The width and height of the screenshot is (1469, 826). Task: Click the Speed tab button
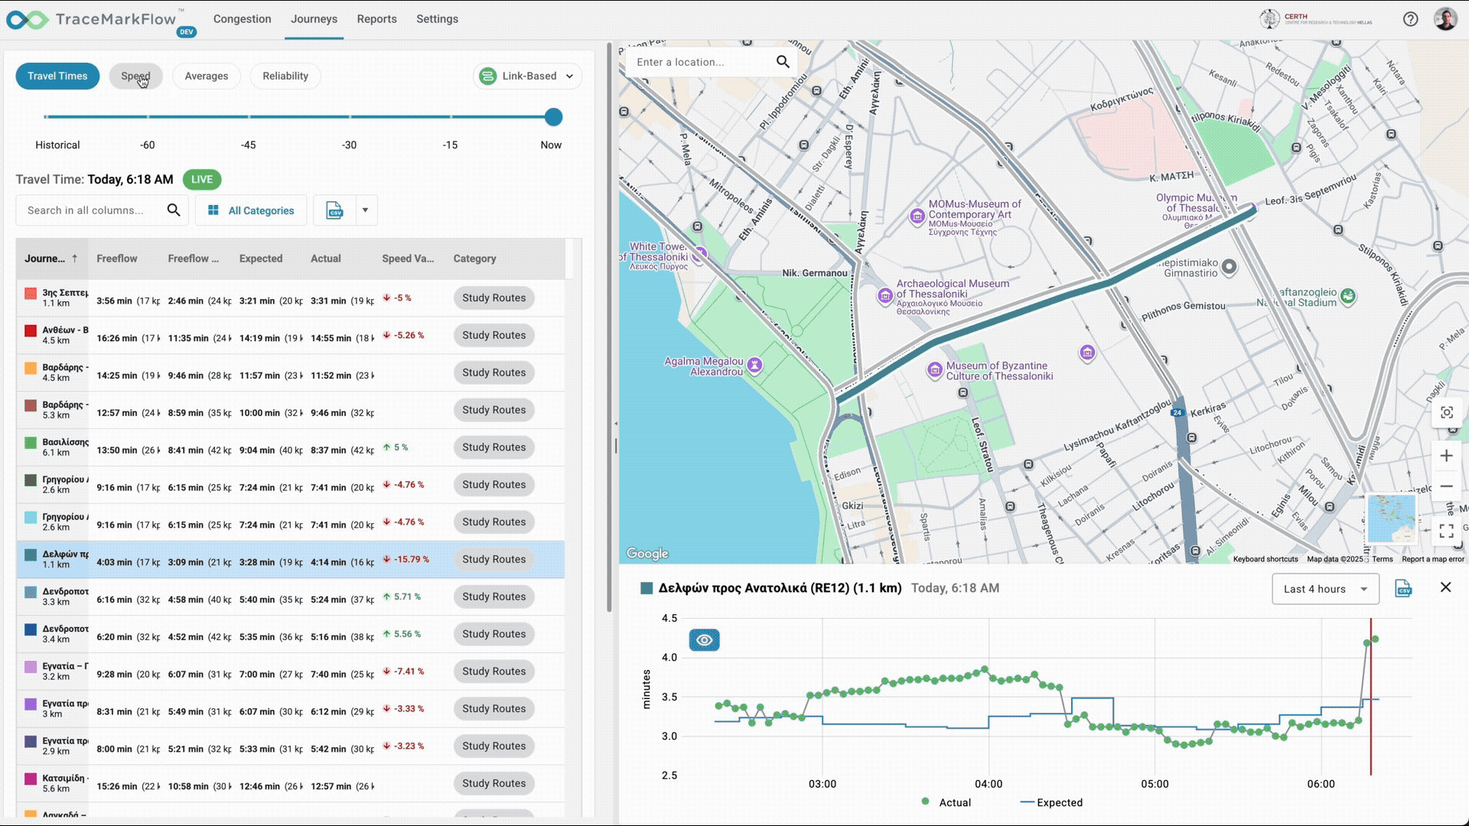[x=135, y=76]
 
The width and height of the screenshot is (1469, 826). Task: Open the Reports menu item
[x=376, y=19]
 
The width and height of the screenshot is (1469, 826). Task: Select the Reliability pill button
[x=285, y=76]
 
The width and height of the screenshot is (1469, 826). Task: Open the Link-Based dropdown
[x=528, y=76]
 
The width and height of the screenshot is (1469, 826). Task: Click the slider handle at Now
[x=553, y=117]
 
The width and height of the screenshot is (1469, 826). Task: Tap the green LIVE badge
[x=202, y=180]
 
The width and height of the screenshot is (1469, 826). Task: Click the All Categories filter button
[x=251, y=210]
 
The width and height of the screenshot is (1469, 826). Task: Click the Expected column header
[x=261, y=259]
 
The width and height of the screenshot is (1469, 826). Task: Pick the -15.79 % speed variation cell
[x=411, y=560]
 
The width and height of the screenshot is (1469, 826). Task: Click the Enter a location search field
[x=700, y=62]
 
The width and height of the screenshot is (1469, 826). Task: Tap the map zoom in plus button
[x=1446, y=457]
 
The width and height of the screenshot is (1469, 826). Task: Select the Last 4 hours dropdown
[x=1325, y=589]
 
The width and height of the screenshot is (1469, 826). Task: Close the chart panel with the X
[x=1445, y=587]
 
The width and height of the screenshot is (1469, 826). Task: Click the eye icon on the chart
[x=704, y=640]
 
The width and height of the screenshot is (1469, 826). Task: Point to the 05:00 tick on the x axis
[x=1155, y=784]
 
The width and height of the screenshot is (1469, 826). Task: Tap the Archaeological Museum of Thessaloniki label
[x=953, y=289]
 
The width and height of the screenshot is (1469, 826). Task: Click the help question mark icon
[x=1410, y=19]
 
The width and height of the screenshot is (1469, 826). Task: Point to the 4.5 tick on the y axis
[x=669, y=618]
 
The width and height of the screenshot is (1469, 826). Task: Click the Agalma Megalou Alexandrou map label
[x=704, y=366]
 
